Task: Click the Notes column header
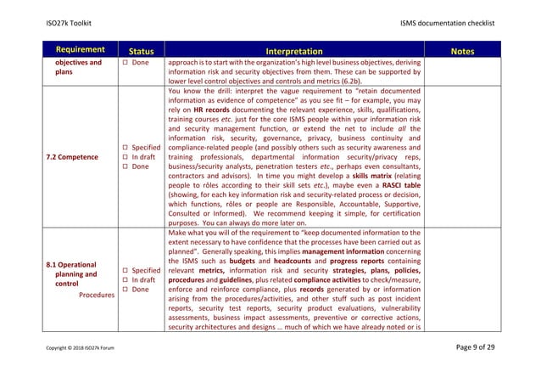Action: pos(463,51)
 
